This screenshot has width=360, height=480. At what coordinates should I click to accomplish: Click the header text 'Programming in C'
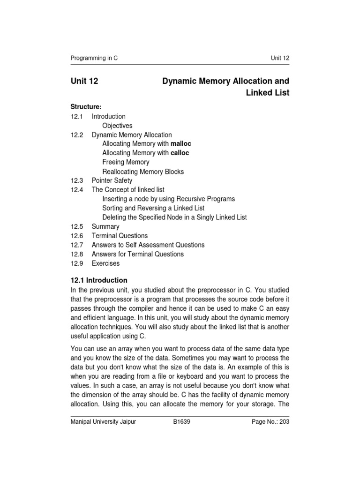point(94,58)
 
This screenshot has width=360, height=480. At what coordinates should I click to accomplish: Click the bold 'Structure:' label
point(86,107)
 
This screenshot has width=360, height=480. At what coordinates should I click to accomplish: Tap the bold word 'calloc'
point(180,153)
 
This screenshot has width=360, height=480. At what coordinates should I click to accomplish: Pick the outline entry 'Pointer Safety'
point(112,180)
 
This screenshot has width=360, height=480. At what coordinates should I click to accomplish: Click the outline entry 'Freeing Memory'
point(126,162)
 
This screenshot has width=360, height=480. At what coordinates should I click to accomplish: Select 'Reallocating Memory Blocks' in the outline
point(143,172)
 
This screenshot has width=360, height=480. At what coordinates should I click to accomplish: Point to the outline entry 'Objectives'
point(117,126)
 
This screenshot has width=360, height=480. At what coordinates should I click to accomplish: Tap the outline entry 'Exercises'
point(105,263)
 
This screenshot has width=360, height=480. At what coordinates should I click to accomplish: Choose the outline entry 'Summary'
point(105,226)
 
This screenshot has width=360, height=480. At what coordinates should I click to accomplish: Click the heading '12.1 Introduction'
point(98,280)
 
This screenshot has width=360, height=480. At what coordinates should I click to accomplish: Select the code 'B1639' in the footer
point(181,422)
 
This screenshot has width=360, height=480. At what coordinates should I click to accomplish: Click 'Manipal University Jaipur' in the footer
point(103,422)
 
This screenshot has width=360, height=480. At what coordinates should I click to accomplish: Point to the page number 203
point(284,422)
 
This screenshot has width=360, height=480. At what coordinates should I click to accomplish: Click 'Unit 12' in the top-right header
point(279,58)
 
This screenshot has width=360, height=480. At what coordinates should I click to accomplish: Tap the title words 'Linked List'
point(268,93)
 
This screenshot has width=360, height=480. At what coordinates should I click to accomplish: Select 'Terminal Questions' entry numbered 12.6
point(120,236)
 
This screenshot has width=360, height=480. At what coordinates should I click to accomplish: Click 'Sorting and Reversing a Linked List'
point(153,208)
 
